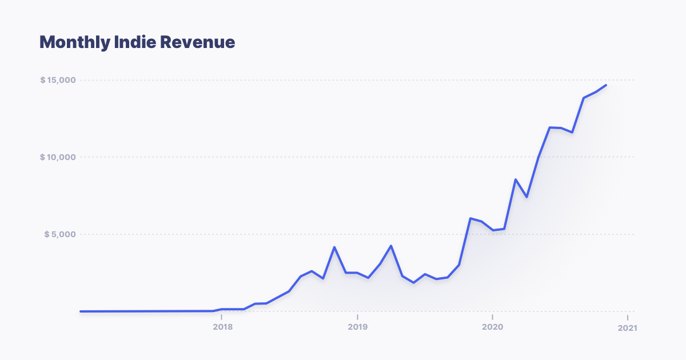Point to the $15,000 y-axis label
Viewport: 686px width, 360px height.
58,80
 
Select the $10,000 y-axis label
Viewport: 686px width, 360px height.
58,157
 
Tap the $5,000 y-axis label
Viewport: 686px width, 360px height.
60,234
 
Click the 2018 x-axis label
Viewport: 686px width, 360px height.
222,327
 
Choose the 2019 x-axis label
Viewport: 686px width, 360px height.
357,327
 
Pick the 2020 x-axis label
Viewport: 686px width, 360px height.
492,327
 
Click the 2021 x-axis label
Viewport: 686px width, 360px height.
627,328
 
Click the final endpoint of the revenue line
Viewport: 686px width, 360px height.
606,85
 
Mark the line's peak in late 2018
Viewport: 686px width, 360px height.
334,247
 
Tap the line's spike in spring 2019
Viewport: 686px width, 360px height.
391,246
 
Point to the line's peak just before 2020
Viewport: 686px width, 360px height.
470,218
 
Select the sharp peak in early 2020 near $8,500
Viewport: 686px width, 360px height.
516,179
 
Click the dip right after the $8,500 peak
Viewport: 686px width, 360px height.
527,197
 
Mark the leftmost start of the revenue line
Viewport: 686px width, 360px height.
81,311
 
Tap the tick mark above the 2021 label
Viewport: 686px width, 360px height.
627,317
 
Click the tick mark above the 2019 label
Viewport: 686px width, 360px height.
357,317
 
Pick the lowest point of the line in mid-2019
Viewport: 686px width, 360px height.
414,283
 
